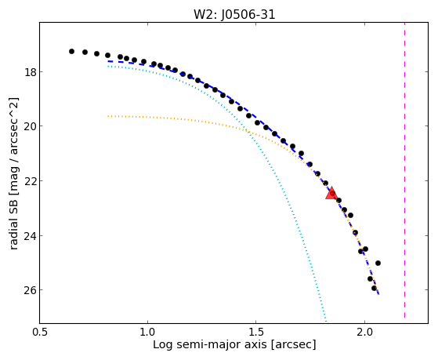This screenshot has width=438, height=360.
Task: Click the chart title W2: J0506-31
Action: point(234,15)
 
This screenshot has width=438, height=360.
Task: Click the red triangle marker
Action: point(331,193)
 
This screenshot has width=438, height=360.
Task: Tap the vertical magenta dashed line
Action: point(404,170)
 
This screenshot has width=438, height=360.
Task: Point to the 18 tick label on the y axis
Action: point(31,72)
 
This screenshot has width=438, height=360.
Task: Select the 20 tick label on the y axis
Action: point(31,126)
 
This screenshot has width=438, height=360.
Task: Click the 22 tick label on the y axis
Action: point(31,181)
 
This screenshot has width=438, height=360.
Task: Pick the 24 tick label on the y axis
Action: point(31,236)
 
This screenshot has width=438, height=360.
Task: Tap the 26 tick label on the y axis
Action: point(31,290)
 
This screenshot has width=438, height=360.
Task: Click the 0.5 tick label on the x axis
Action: point(40,332)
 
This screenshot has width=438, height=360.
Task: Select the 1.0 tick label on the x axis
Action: point(147,332)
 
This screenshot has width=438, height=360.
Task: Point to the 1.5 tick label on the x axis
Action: point(256,332)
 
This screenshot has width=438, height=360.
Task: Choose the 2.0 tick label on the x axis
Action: point(364,332)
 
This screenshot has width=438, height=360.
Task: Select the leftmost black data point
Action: point(71,51)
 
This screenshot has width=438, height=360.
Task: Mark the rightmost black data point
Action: point(378,263)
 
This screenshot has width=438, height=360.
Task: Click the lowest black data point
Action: point(374,288)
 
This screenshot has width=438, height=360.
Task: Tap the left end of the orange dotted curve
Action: point(108,116)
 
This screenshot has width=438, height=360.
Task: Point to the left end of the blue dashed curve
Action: point(108,61)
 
